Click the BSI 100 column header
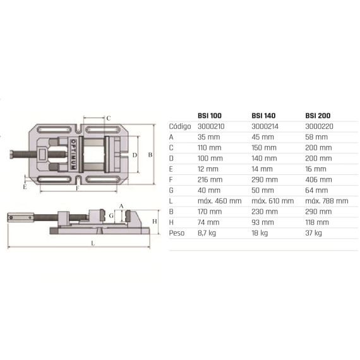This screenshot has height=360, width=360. click(x=210, y=116)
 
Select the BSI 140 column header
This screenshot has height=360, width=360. click(x=263, y=116)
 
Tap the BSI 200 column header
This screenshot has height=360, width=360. click(x=318, y=116)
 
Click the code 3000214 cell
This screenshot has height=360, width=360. click(x=265, y=126)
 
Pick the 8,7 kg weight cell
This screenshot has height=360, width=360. click(x=207, y=233)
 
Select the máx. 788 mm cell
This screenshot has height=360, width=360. click(x=327, y=201)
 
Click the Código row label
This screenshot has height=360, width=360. click(x=180, y=126)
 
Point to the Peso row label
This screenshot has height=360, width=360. click(x=177, y=233)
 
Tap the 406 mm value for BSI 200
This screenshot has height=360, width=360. click(x=319, y=179)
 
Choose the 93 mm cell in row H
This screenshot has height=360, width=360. click(x=263, y=222)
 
